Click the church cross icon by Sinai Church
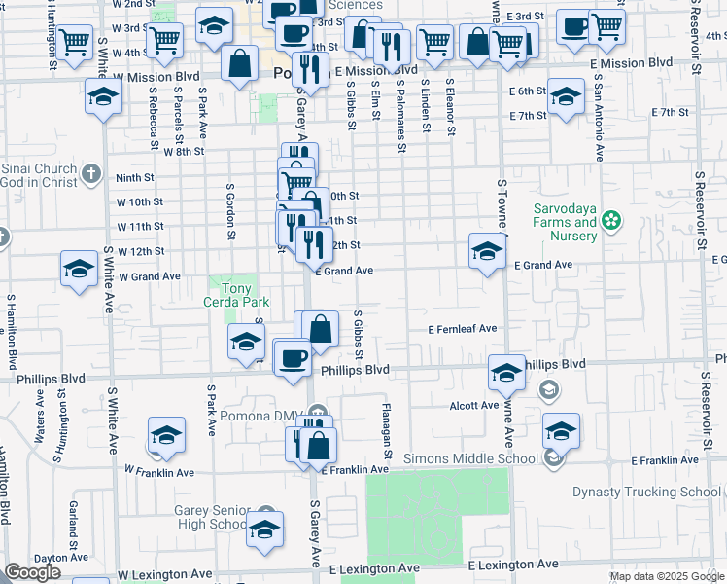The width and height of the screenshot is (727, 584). pos(91,174)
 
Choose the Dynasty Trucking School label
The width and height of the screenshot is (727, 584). pos(646,492)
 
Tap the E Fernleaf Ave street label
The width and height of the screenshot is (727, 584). pos(464,330)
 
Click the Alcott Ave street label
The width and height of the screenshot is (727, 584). pos(474,405)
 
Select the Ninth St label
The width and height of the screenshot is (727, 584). pos(135,178)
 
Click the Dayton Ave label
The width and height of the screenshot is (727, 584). pos(36,558)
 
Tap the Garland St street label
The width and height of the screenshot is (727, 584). pos(73,524)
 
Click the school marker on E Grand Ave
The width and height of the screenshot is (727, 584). pos(487,250)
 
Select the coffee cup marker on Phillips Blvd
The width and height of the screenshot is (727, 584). pos(291,356)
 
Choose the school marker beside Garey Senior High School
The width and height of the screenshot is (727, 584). pos(263,529)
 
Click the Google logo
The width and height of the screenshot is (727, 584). pos(32,572)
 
